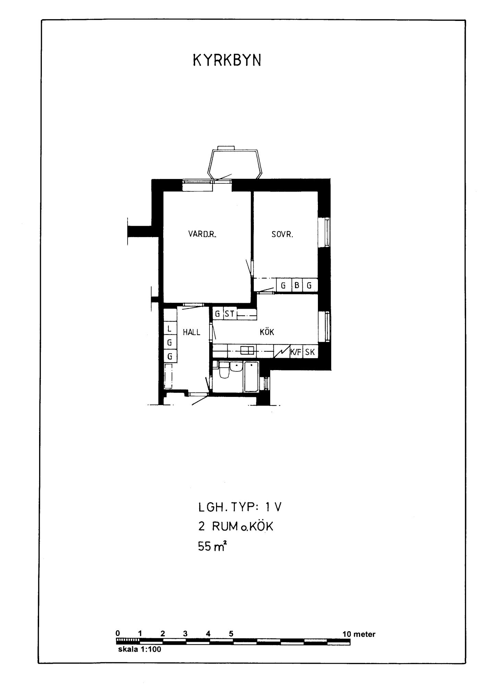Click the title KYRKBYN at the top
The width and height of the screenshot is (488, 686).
[x=227, y=60]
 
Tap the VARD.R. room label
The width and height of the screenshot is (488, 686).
[x=203, y=234]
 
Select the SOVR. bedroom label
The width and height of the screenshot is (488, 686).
[x=282, y=235]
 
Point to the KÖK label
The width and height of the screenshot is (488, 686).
[x=267, y=332]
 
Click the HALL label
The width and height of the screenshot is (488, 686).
[x=191, y=332]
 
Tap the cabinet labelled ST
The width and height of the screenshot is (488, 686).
[x=230, y=314]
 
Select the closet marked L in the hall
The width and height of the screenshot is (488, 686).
[x=170, y=329]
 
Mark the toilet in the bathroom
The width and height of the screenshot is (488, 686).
[x=224, y=369]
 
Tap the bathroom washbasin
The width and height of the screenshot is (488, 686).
[x=236, y=366]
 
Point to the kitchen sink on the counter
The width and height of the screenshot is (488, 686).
[x=247, y=350]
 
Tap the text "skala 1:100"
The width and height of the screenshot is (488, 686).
[x=139, y=649]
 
